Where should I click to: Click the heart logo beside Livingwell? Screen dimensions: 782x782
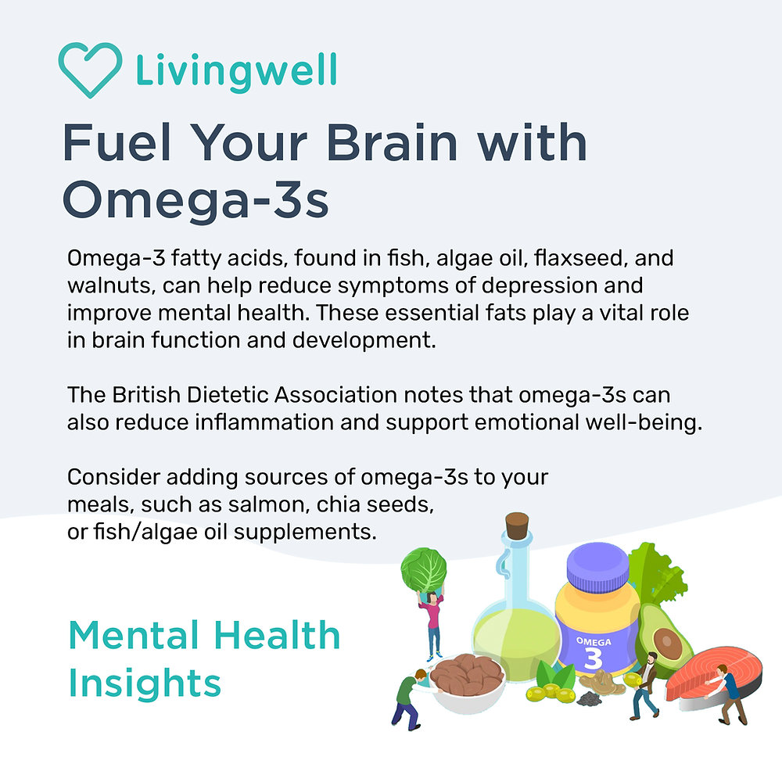click(90, 70)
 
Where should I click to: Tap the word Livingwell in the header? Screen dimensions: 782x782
click(236, 70)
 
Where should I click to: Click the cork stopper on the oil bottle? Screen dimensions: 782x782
click(517, 526)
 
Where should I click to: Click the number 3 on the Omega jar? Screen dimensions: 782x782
click(594, 657)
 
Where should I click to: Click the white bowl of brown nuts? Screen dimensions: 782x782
click(466, 679)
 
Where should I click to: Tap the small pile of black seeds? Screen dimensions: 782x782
click(587, 698)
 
